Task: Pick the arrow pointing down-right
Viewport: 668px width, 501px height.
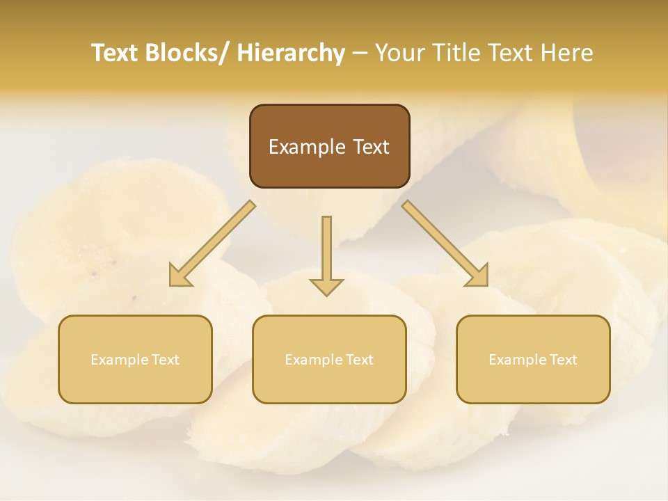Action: [x=445, y=244]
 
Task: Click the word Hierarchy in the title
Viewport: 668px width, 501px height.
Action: [x=291, y=53]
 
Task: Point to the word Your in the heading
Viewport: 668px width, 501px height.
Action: [x=399, y=53]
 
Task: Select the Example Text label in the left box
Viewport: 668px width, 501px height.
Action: [x=135, y=360]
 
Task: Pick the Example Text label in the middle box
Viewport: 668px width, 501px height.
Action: [x=329, y=360]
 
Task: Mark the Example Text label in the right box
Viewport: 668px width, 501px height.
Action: [x=533, y=360]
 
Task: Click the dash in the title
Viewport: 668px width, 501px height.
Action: [x=360, y=53]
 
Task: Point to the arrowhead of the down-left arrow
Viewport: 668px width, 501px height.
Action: [x=180, y=276]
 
